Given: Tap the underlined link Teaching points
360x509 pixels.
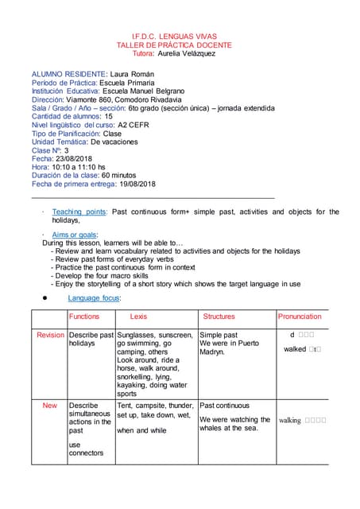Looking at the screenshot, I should [x=79, y=212].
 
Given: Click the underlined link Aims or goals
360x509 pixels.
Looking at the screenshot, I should [x=74, y=235].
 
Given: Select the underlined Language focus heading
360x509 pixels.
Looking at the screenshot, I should [x=94, y=297].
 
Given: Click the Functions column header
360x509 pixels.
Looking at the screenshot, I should [x=84, y=317].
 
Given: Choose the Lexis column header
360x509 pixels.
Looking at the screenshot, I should [x=138, y=317].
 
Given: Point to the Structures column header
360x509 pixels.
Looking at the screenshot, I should [x=219, y=317].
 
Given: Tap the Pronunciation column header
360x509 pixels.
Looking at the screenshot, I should [x=300, y=317].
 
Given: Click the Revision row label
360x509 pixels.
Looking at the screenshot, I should [x=50, y=336].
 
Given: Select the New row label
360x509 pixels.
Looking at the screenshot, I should [x=50, y=406].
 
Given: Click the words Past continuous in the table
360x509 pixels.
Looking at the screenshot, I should [x=224, y=406].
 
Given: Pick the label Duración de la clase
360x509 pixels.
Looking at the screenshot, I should [x=60, y=175].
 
